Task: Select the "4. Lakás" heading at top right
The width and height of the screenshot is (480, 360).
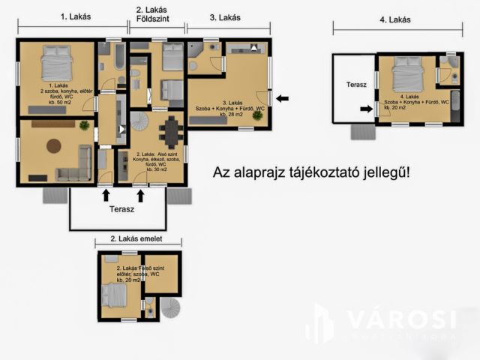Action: pyautogui.click(x=394, y=19)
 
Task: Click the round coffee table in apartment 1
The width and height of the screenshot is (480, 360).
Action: pyautogui.click(x=54, y=145)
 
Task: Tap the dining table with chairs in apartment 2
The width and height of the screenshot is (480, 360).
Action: pyautogui.click(x=172, y=133)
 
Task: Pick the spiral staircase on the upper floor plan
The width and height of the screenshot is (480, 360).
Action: pyautogui.click(x=169, y=308)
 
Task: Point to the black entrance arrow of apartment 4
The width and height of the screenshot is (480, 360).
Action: pyautogui.click(x=367, y=109)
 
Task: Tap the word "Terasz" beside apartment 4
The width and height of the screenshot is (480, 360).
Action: pyautogui.click(x=356, y=85)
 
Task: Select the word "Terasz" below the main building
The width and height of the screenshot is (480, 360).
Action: pyautogui.click(x=122, y=211)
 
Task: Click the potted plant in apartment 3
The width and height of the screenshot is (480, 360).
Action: pyautogui.click(x=257, y=116)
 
